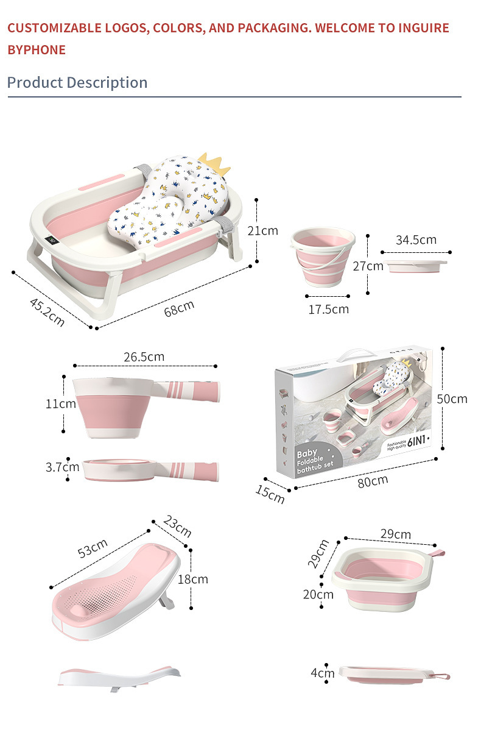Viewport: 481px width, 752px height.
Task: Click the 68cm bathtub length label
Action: tap(179, 308)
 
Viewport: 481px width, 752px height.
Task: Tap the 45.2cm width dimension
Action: tap(47, 312)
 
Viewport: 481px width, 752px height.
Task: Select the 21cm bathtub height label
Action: tap(262, 230)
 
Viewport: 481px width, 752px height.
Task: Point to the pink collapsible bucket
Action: tap(323, 257)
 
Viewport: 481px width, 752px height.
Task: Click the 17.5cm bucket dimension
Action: tap(328, 309)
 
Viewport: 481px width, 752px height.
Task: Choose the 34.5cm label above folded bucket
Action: tap(416, 239)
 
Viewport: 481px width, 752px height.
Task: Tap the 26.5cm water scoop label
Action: tap(144, 356)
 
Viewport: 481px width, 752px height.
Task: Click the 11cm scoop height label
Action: tap(60, 403)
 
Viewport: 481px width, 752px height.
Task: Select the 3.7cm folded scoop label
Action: tap(62, 467)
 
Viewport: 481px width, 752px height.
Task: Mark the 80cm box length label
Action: tap(373, 481)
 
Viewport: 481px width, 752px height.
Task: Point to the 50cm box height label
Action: tap(452, 399)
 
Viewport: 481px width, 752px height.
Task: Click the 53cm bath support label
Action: tap(93, 548)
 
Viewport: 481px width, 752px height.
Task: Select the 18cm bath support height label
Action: tap(193, 579)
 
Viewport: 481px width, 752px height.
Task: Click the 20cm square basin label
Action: tap(318, 594)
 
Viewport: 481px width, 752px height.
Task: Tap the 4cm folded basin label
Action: tap(323, 673)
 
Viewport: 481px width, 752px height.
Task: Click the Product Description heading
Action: tap(77, 82)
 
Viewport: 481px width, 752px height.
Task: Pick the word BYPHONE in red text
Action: tap(37, 50)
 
